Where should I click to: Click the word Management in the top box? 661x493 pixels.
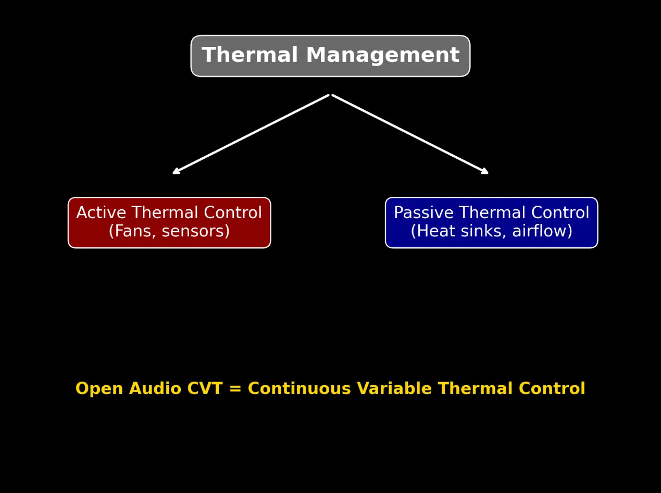[x=382, y=56]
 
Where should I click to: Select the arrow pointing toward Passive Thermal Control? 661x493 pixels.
[x=410, y=134]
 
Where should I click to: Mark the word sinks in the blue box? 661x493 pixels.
[x=481, y=231]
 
